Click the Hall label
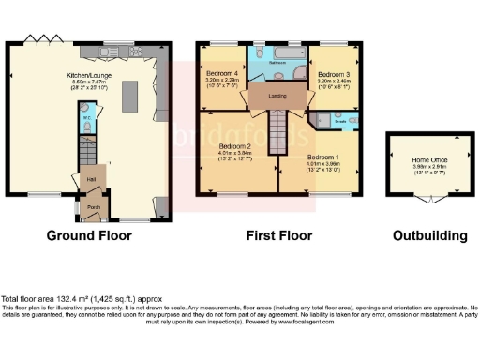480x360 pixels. [x=92, y=178]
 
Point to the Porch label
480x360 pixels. [x=93, y=207]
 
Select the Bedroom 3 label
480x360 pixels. [x=334, y=74]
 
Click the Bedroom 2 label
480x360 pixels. [x=235, y=147]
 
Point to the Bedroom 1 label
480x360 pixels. [x=322, y=157]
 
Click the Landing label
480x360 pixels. [x=277, y=95]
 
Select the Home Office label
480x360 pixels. [x=430, y=160]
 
